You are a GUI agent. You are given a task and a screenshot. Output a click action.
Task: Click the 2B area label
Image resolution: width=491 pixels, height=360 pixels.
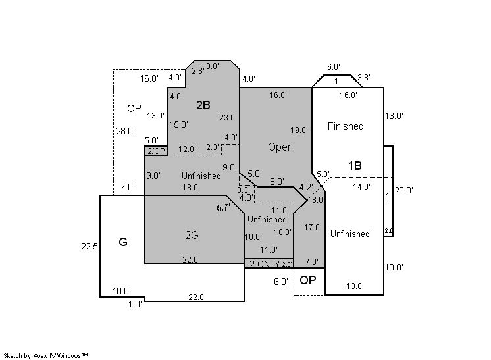click(x=203, y=105)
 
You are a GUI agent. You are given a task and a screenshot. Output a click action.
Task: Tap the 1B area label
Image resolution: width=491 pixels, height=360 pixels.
click(x=355, y=166)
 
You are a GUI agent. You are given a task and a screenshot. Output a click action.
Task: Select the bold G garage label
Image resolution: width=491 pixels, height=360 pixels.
click(x=123, y=242)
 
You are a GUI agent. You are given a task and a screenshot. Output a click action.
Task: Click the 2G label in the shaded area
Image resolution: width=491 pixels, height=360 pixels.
click(x=192, y=235)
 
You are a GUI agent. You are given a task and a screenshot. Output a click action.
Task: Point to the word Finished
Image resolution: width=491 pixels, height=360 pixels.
click(x=346, y=126)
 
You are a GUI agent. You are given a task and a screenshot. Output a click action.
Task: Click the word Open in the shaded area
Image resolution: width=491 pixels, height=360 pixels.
click(x=280, y=147)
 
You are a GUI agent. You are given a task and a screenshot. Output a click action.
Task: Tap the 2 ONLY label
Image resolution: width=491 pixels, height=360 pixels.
click(x=265, y=264)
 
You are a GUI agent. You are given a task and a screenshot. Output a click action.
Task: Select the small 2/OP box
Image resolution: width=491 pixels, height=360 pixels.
click(x=156, y=151)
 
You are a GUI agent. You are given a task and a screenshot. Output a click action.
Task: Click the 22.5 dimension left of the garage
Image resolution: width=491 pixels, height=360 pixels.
click(x=90, y=246)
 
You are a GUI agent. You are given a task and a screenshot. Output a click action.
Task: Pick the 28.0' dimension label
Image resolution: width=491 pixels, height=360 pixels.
click(x=126, y=131)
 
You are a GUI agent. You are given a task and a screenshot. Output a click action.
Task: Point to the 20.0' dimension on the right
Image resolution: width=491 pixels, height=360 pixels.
click(x=403, y=190)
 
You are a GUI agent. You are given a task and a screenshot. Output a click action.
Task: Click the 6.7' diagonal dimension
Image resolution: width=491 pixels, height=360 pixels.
click(x=224, y=207)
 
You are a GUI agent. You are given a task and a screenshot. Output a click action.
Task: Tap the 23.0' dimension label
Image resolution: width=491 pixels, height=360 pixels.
click(x=228, y=118)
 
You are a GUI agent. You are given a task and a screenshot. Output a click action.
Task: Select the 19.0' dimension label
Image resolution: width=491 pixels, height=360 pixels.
click(x=299, y=130)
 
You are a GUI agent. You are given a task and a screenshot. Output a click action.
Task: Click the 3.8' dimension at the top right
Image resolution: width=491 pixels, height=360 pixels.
click(x=364, y=77)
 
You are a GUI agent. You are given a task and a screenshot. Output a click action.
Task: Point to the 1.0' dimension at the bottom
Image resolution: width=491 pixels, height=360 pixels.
click(x=136, y=304)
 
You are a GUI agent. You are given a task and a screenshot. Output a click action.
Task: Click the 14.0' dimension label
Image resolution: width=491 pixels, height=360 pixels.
click(x=362, y=186)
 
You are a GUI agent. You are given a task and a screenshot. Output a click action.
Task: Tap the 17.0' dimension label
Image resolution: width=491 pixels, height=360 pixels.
click(x=313, y=227)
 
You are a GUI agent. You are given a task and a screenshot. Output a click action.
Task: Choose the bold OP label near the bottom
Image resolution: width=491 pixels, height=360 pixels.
click(x=308, y=280)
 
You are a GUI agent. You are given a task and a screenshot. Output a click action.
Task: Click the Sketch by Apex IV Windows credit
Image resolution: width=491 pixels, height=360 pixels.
click(x=45, y=355)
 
